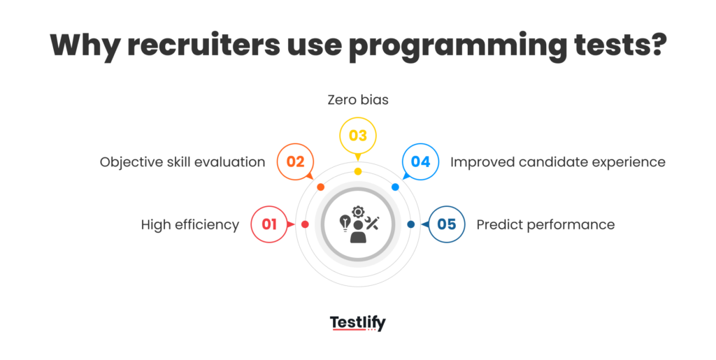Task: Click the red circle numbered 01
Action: (269, 224)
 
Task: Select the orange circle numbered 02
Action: (295, 162)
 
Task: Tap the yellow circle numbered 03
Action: (358, 136)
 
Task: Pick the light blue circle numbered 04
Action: (420, 162)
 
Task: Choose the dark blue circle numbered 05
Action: (446, 224)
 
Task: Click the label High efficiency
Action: (190, 224)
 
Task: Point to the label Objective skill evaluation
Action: (182, 162)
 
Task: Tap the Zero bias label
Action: (358, 100)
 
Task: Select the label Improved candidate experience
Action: (557, 162)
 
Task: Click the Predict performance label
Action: (545, 224)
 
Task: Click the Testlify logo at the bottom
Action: (358, 323)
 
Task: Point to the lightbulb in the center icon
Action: (344, 222)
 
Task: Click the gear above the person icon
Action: (358, 211)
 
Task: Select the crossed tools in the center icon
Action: (373, 222)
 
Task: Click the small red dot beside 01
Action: (305, 224)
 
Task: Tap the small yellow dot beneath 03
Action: (358, 171)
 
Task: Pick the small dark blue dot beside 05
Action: (410, 224)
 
